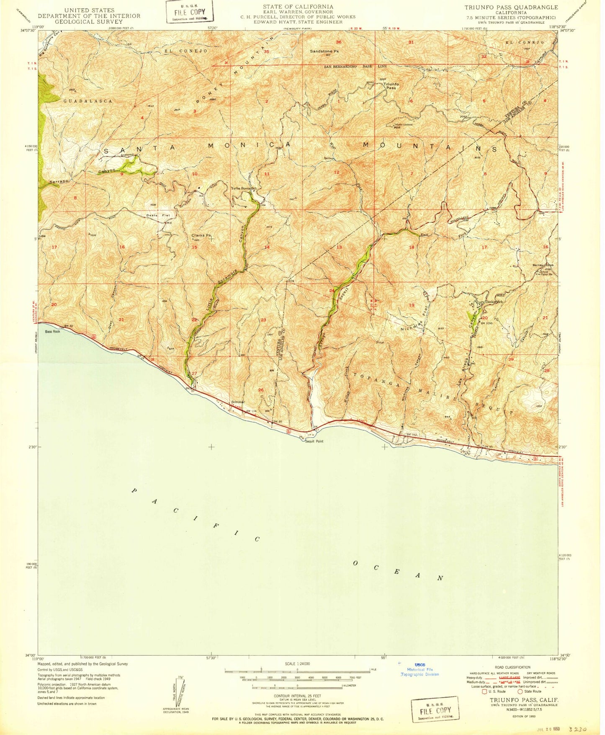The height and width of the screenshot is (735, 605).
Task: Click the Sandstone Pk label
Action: tap(324, 51)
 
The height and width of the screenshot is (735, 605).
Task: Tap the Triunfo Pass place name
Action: tap(391, 86)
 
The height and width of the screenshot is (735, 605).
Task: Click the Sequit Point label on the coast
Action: tap(314, 441)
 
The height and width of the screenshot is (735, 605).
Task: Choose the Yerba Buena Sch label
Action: tap(243, 188)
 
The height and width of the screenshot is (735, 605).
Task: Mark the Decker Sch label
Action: tap(493, 302)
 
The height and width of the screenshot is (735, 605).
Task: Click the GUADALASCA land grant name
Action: tap(88, 101)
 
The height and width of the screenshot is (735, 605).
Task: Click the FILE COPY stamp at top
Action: tap(189, 12)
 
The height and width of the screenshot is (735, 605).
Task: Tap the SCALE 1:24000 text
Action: tap(297, 664)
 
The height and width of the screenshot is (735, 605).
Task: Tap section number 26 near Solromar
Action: tap(261, 390)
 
